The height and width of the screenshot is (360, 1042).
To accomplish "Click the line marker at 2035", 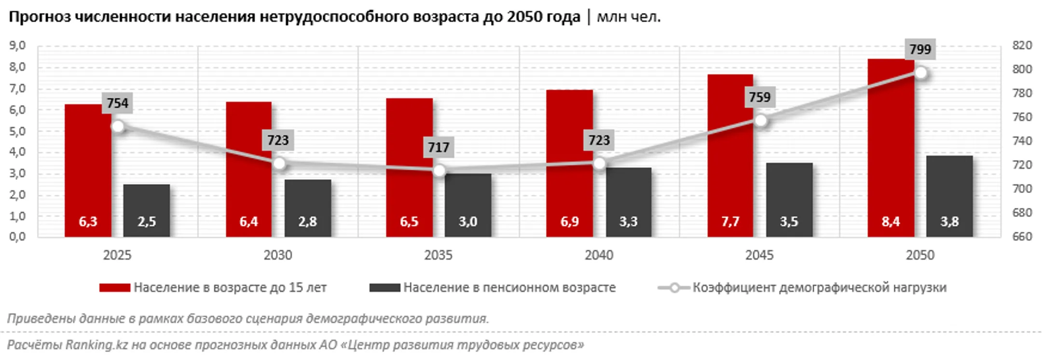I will (x=439, y=171).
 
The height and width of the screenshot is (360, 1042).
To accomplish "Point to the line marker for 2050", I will (x=920, y=73).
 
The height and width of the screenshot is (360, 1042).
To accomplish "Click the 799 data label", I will (x=920, y=49).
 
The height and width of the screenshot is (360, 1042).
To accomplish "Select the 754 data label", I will (x=117, y=103).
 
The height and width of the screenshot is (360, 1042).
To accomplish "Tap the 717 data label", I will (x=438, y=147).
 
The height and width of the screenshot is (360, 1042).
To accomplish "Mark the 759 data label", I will (x=759, y=97).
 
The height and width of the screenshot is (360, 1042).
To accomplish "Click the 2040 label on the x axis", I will (x=599, y=255).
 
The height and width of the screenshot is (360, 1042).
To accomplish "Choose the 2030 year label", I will (x=277, y=255).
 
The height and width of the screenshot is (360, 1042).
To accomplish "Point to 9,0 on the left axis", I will (x=17, y=46).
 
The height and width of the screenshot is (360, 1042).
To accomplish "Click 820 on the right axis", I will (x=1022, y=45).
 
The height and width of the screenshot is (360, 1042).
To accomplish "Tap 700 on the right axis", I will (x=1022, y=189).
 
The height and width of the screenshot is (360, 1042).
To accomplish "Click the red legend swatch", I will (x=114, y=288).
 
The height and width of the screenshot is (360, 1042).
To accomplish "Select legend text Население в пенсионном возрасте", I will (x=509, y=288).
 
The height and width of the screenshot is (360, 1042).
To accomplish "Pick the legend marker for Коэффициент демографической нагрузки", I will (x=674, y=288).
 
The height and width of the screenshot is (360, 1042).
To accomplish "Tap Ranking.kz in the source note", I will (x=96, y=345).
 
